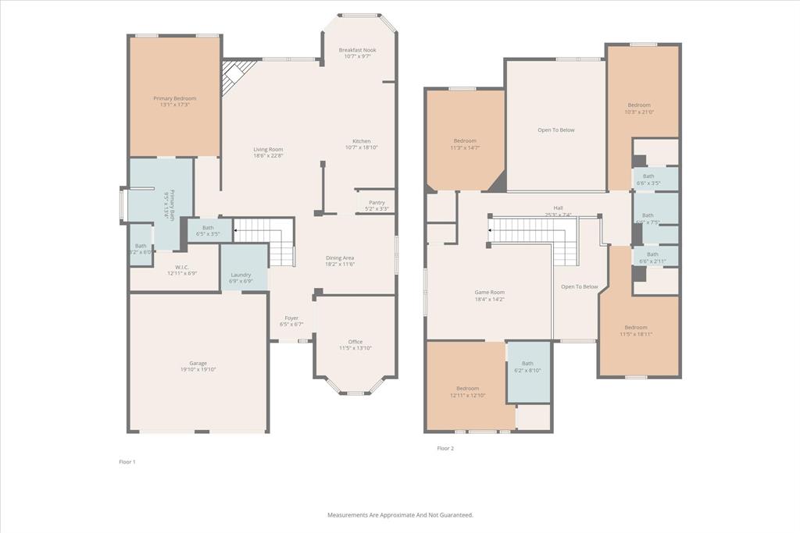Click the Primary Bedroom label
pos(174,98)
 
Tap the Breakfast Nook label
pos(357,50)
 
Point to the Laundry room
pos(241,275)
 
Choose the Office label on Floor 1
pos(355,342)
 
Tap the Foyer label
pos(291,318)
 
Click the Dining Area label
pos(340,258)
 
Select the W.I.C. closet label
pos(182,267)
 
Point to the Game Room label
pos(490,293)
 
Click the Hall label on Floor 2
pos(558,208)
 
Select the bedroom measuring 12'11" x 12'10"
pos(468,389)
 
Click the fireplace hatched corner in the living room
pos(235,74)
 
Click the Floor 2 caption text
pos(445,448)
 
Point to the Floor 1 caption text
pos(127,462)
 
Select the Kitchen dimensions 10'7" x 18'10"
pos(361,147)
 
